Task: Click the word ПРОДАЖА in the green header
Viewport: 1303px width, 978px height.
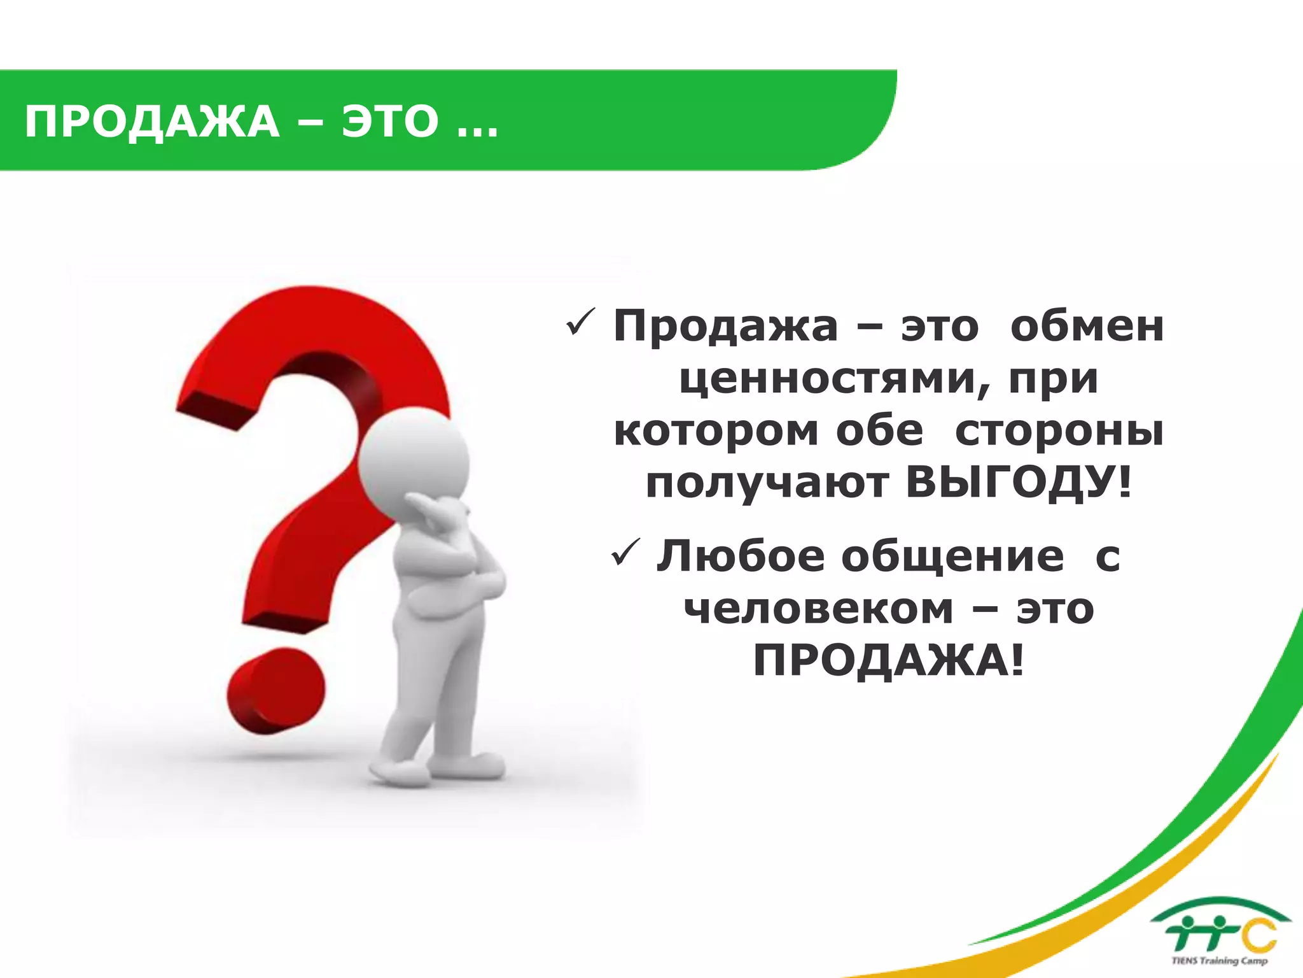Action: tap(152, 122)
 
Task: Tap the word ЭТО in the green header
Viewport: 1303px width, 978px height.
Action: tap(390, 122)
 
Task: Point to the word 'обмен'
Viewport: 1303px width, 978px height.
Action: tap(1087, 327)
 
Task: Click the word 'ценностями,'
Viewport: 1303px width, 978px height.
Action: tap(833, 380)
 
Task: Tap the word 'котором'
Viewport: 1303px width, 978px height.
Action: tap(716, 432)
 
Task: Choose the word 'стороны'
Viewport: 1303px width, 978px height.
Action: tap(1059, 432)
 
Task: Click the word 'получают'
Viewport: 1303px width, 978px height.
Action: tap(767, 484)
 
